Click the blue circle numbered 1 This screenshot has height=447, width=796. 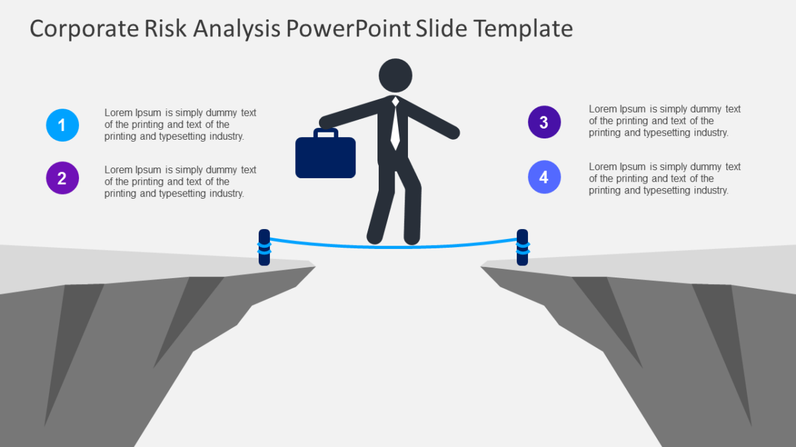(62, 125)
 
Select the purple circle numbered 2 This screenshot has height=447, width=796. (62, 178)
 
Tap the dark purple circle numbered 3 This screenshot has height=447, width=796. (544, 122)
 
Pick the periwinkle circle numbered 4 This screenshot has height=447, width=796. (544, 177)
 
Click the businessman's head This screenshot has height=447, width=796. (395, 75)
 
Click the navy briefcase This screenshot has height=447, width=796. (325, 157)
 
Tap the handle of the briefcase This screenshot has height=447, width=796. (326, 133)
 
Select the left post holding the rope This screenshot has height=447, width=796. (264, 247)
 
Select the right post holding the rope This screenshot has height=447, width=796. (522, 247)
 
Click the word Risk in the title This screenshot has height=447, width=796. (165, 28)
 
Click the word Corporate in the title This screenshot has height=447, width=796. (84, 29)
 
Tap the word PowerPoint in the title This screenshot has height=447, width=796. (348, 28)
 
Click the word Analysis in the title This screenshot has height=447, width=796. (237, 29)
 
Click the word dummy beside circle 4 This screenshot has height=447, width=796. (706, 167)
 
